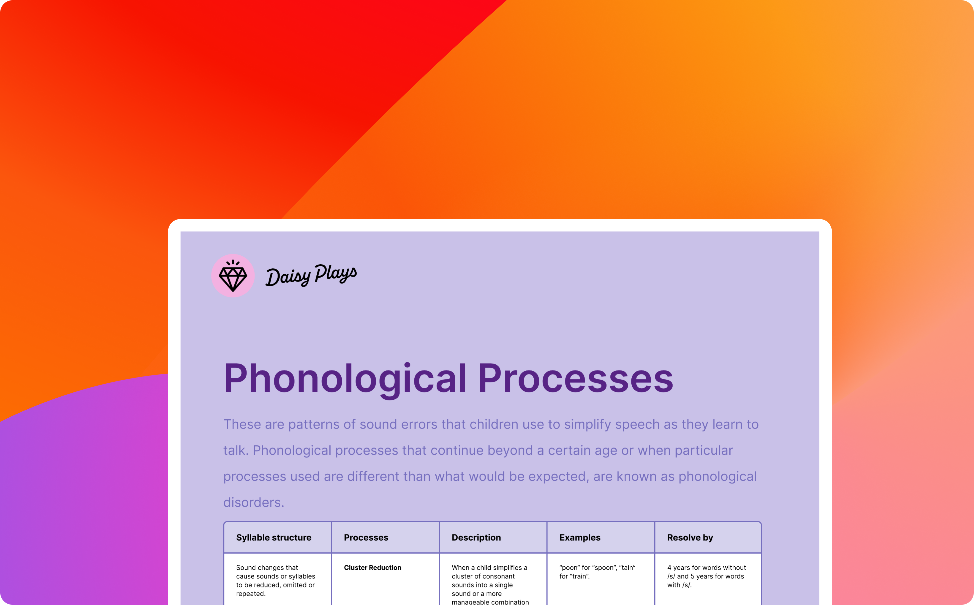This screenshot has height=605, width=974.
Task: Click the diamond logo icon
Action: tap(233, 276)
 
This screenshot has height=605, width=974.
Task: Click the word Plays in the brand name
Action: tap(335, 273)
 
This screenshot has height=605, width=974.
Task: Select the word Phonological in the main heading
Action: tap(345, 378)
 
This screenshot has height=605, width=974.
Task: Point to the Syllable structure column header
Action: tap(274, 537)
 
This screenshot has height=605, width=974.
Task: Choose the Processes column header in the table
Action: tap(366, 537)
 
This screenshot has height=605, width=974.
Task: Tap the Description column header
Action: tap(476, 537)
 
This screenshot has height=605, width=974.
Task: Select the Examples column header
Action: tap(580, 537)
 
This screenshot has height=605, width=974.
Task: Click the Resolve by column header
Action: tap(690, 537)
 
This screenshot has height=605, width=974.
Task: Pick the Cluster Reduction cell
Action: tap(372, 567)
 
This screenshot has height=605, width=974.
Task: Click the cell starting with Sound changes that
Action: tap(276, 580)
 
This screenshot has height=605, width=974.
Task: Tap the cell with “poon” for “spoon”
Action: tap(597, 572)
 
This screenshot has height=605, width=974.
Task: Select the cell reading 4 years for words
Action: tap(706, 576)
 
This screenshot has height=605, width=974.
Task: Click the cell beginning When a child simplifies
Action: tap(490, 584)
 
